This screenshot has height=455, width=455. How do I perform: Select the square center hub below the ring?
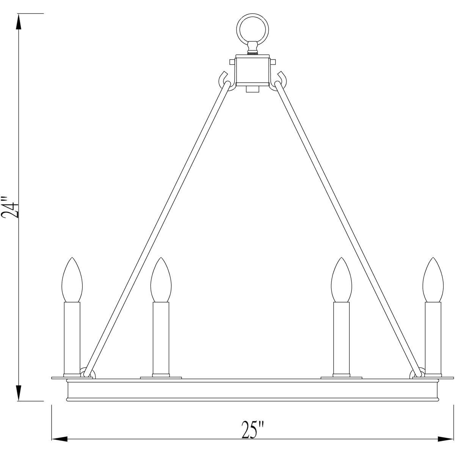tap(253, 70)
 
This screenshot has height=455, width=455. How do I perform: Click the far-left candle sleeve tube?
tap(72, 337)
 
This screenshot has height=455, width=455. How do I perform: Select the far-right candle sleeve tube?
tap(433, 337)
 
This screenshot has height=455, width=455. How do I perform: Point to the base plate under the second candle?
tap(161, 377)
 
